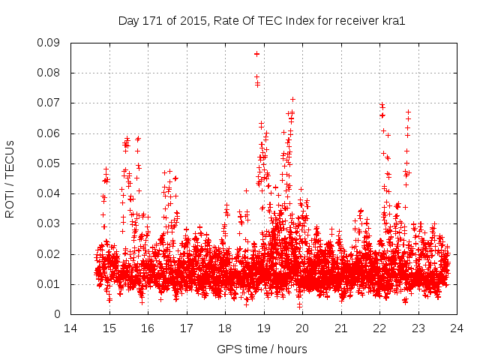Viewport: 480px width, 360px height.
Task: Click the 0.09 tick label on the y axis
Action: (51, 43)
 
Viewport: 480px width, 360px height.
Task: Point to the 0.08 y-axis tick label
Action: (51, 73)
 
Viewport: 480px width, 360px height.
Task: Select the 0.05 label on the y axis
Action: (51, 163)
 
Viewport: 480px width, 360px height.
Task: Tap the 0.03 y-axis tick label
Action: (51, 223)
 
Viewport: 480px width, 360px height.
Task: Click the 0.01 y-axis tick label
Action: (51, 284)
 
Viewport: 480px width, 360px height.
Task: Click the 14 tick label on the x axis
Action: (70, 328)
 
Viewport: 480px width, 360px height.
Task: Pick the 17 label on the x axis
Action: (187, 328)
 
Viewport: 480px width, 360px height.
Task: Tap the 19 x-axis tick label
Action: (264, 328)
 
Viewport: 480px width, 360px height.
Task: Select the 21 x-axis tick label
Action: (341, 328)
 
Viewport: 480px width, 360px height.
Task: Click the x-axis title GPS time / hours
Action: (262, 349)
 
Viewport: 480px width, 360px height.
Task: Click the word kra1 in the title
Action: (394, 21)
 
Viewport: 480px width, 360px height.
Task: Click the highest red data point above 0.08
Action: (256, 54)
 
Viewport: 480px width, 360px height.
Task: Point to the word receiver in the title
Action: (355, 21)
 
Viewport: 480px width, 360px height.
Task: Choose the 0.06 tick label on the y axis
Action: (51, 133)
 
